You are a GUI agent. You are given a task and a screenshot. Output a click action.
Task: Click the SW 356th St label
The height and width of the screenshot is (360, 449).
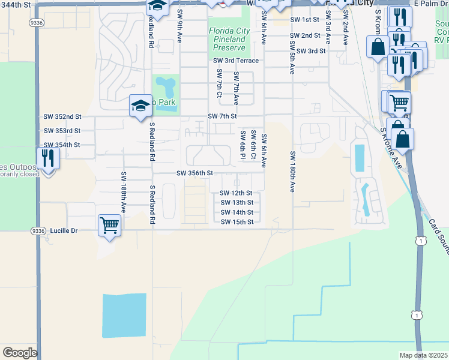(x=194, y=173)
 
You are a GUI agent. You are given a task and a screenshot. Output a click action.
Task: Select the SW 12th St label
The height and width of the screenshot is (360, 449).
(x=237, y=193)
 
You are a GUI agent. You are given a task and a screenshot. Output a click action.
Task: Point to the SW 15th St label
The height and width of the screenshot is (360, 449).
(x=237, y=222)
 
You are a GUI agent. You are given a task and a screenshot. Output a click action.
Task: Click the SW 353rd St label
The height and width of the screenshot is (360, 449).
(x=62, y=130)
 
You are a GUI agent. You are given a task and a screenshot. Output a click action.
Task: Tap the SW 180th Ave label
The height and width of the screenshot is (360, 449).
(x=292, y=171)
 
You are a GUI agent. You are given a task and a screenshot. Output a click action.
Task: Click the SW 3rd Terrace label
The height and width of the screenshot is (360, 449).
(x=236, y=61)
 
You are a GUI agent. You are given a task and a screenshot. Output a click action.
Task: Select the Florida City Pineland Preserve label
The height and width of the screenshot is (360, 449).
(x=228, y=39)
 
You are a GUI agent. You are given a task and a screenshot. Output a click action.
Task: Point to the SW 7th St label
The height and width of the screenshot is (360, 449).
(x=222, y=116)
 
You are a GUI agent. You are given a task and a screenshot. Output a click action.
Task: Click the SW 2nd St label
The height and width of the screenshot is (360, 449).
(x=305, y=36)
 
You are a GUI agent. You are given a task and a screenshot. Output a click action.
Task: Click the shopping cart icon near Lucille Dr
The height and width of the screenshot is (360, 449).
(x=109, y=226)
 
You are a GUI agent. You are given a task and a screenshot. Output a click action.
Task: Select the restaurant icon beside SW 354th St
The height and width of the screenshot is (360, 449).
(x=47, y=158)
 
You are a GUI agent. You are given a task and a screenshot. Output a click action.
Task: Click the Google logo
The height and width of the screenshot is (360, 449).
(x=20, y=353)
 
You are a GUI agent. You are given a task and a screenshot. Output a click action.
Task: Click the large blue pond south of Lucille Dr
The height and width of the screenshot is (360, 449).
(x=124, y=315)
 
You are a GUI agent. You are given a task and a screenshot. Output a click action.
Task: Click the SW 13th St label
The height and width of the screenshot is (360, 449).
(x=237, y=203)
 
